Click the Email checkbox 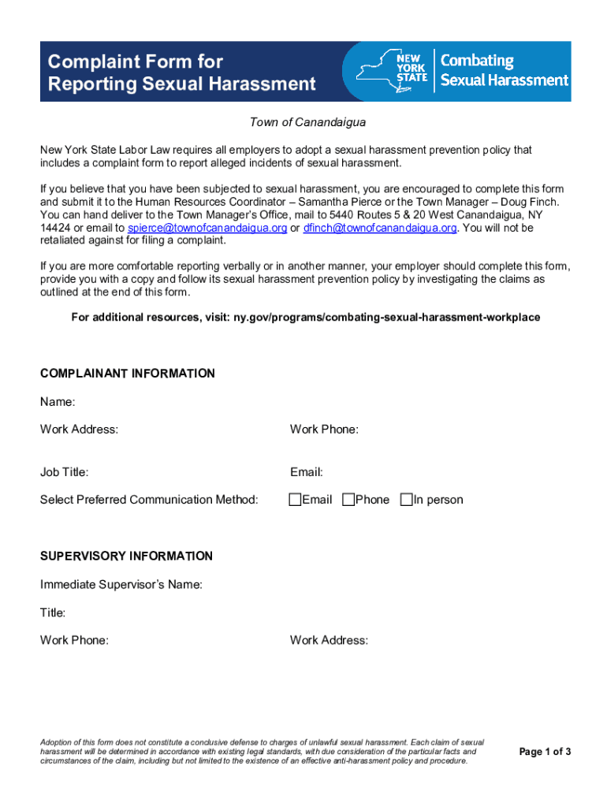296,500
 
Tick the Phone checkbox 348,500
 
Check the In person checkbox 407,500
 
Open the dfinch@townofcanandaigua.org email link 380,228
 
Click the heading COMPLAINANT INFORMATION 127,374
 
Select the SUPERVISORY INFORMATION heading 126,556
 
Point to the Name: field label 58,403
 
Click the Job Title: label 65,473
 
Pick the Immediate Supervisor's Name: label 121,585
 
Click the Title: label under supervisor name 53,612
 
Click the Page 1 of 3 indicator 545,752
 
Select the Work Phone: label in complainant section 324,430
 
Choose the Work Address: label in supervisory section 329,641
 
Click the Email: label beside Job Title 307,473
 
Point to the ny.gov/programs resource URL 386,318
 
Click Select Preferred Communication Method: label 149,500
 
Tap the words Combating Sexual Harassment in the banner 504,71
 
